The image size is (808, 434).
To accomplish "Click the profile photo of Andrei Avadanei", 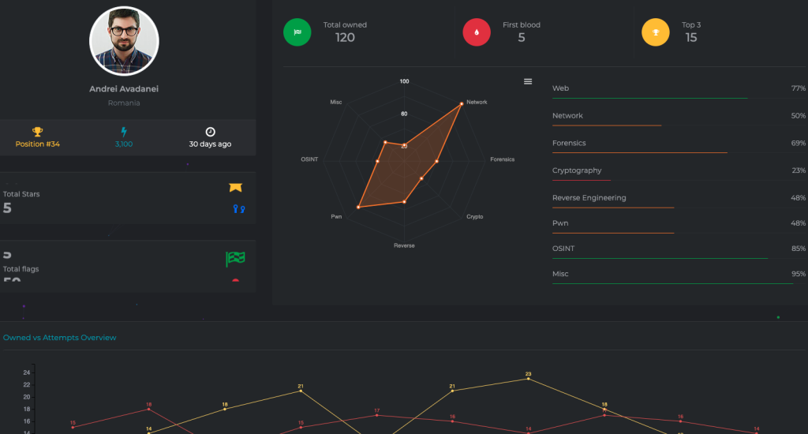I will [x=124, y=41].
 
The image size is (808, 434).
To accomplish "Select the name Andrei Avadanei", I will [x=124, y=89].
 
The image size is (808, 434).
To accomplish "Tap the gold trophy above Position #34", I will [x=37, y=132].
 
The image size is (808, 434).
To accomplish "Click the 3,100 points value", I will [x=123, y=144].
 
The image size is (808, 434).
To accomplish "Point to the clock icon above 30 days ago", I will [x=210, y=132].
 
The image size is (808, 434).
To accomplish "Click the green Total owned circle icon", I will [x=297, y=32].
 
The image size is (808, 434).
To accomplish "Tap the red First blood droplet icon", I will [x=476, y=32].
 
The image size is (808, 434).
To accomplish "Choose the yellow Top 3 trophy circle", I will [x=655, y=32].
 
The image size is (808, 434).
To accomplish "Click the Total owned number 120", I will [x=345, y=37].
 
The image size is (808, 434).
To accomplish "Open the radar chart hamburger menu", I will [x=528, y=81].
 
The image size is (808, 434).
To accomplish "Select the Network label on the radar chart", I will [x=477, y=103].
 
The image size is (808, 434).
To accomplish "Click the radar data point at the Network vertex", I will [x=461, y=103].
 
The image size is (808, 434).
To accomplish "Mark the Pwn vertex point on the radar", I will [x=358, y=207].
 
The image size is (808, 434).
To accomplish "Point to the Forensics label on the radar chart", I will [x=502, y=159].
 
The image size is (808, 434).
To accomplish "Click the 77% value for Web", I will [x=798, y=88].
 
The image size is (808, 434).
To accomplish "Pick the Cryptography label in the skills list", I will [x=577, y=170].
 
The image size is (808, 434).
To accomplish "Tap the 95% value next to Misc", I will [x=798, y=274].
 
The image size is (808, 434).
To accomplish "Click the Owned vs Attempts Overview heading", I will [x=60, y=338].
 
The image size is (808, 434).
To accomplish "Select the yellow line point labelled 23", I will [x=528, y=379].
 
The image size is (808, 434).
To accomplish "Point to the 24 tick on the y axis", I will [x=26, y=372].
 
